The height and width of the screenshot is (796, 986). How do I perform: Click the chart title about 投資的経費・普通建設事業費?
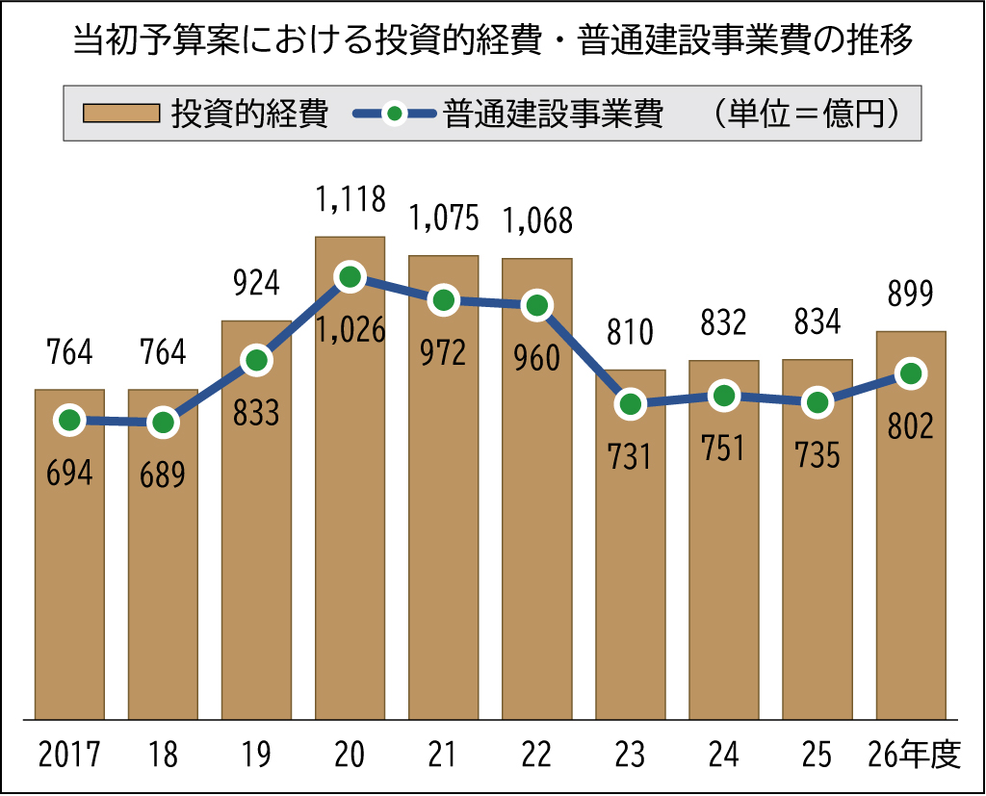[x=493, y=40]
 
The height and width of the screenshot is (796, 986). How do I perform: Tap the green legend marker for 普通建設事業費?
[x=393, y=114]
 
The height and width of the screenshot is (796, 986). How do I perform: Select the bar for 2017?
[x=69, y=578]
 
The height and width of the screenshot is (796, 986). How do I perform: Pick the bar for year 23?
[x=630, y=578]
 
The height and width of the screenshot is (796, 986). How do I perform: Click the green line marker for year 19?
[x=256, y=361]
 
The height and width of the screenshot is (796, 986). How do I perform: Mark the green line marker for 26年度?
[x=910, y=373]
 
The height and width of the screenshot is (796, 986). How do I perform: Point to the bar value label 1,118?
[x=350, y=199]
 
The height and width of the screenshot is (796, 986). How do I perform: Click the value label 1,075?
[x=443, y=218]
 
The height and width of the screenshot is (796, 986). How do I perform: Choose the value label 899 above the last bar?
[x=910, y=295]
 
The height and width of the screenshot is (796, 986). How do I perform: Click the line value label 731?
[x=630, y=456]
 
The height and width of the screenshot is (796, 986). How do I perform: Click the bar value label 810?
[x=630, y=333]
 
